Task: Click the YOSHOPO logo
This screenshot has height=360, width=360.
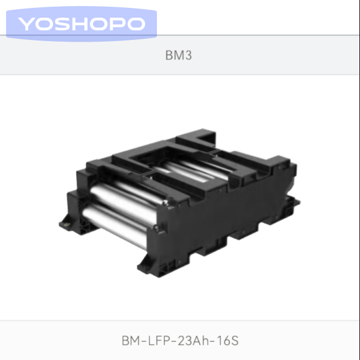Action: click(x=82, y=24)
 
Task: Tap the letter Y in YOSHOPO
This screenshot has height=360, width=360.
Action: click(x=26, y=24)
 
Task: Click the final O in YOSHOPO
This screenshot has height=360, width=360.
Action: click(x=136, y=24)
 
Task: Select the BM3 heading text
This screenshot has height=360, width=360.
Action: click(x=179, y=55)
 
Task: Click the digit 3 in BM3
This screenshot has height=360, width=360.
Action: click(x=188, y=55)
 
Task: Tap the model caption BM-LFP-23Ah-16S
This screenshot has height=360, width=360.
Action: click(x=180, y=340)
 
